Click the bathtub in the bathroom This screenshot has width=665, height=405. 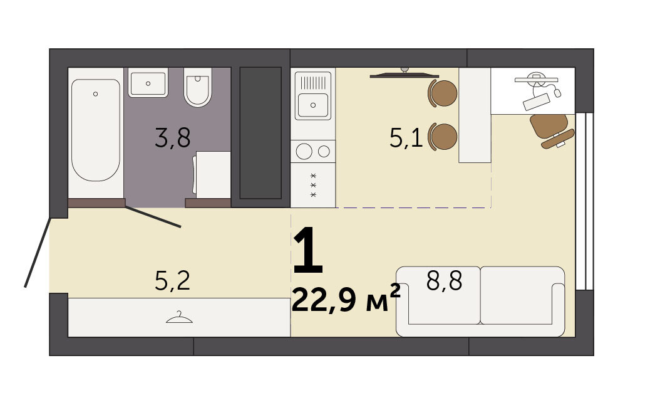tap(95, 130)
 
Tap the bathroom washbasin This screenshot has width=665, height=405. tap(148, 83)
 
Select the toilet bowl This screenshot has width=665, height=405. tap(198, 87)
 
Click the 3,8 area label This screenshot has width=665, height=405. tap(173, 137)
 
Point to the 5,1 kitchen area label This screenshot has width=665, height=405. tap(406, 137)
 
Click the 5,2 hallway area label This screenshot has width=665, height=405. tap(173, 281)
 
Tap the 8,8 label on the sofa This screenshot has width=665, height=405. tap(444, 280)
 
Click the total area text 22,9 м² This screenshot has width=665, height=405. tap(346, 298)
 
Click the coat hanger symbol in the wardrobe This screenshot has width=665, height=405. tap(179, 318)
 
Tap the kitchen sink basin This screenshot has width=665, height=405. tap(313, 105)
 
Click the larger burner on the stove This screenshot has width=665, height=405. tap(304, 151)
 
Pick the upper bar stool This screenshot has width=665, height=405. tap(443, 93)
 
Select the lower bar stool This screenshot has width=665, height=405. tap(443, 137)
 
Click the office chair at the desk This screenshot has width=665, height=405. tap(551, 130)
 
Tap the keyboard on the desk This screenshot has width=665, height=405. tap(537, 102)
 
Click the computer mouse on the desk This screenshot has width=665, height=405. tap(557, 92)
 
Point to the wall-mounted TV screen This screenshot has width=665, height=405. tap(403, 76)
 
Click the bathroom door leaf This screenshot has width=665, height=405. tap(153, 217)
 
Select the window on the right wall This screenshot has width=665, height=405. tap(584, 201)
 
